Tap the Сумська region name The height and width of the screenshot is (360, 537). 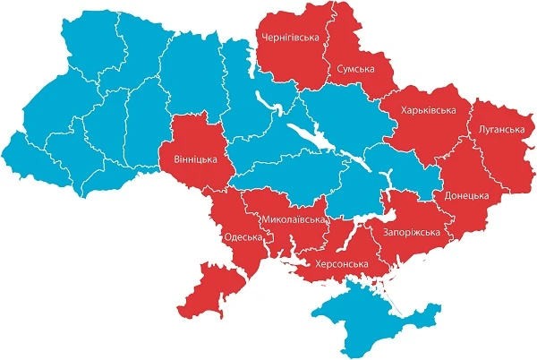click(355, 68)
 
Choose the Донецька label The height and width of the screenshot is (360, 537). click(465, 195)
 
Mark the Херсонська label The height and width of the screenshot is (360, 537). click(340, 264)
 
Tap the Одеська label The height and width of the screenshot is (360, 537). click(242, 237)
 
